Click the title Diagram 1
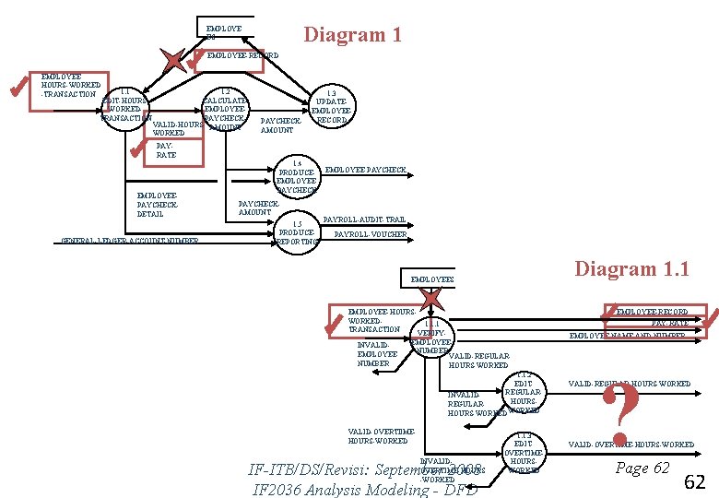pyautogui.click(x=353, y=35)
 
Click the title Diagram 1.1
pyautogui.click(x=631, y=268)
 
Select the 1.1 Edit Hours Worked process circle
pyautogui.click(x=124, y=107)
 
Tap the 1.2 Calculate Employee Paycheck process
pyautogui.click(x=224, y=109)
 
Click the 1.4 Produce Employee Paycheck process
pyautogui.click(x=298, y=176)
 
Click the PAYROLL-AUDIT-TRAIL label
pyautogui.click(x=364, y=219)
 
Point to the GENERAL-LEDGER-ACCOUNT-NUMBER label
pyautogui.click(x=130, y=242)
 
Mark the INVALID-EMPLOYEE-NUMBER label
pyautogui.click(x=377, y=354)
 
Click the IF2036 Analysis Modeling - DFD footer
pyautogui.click(x=365, y=489)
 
